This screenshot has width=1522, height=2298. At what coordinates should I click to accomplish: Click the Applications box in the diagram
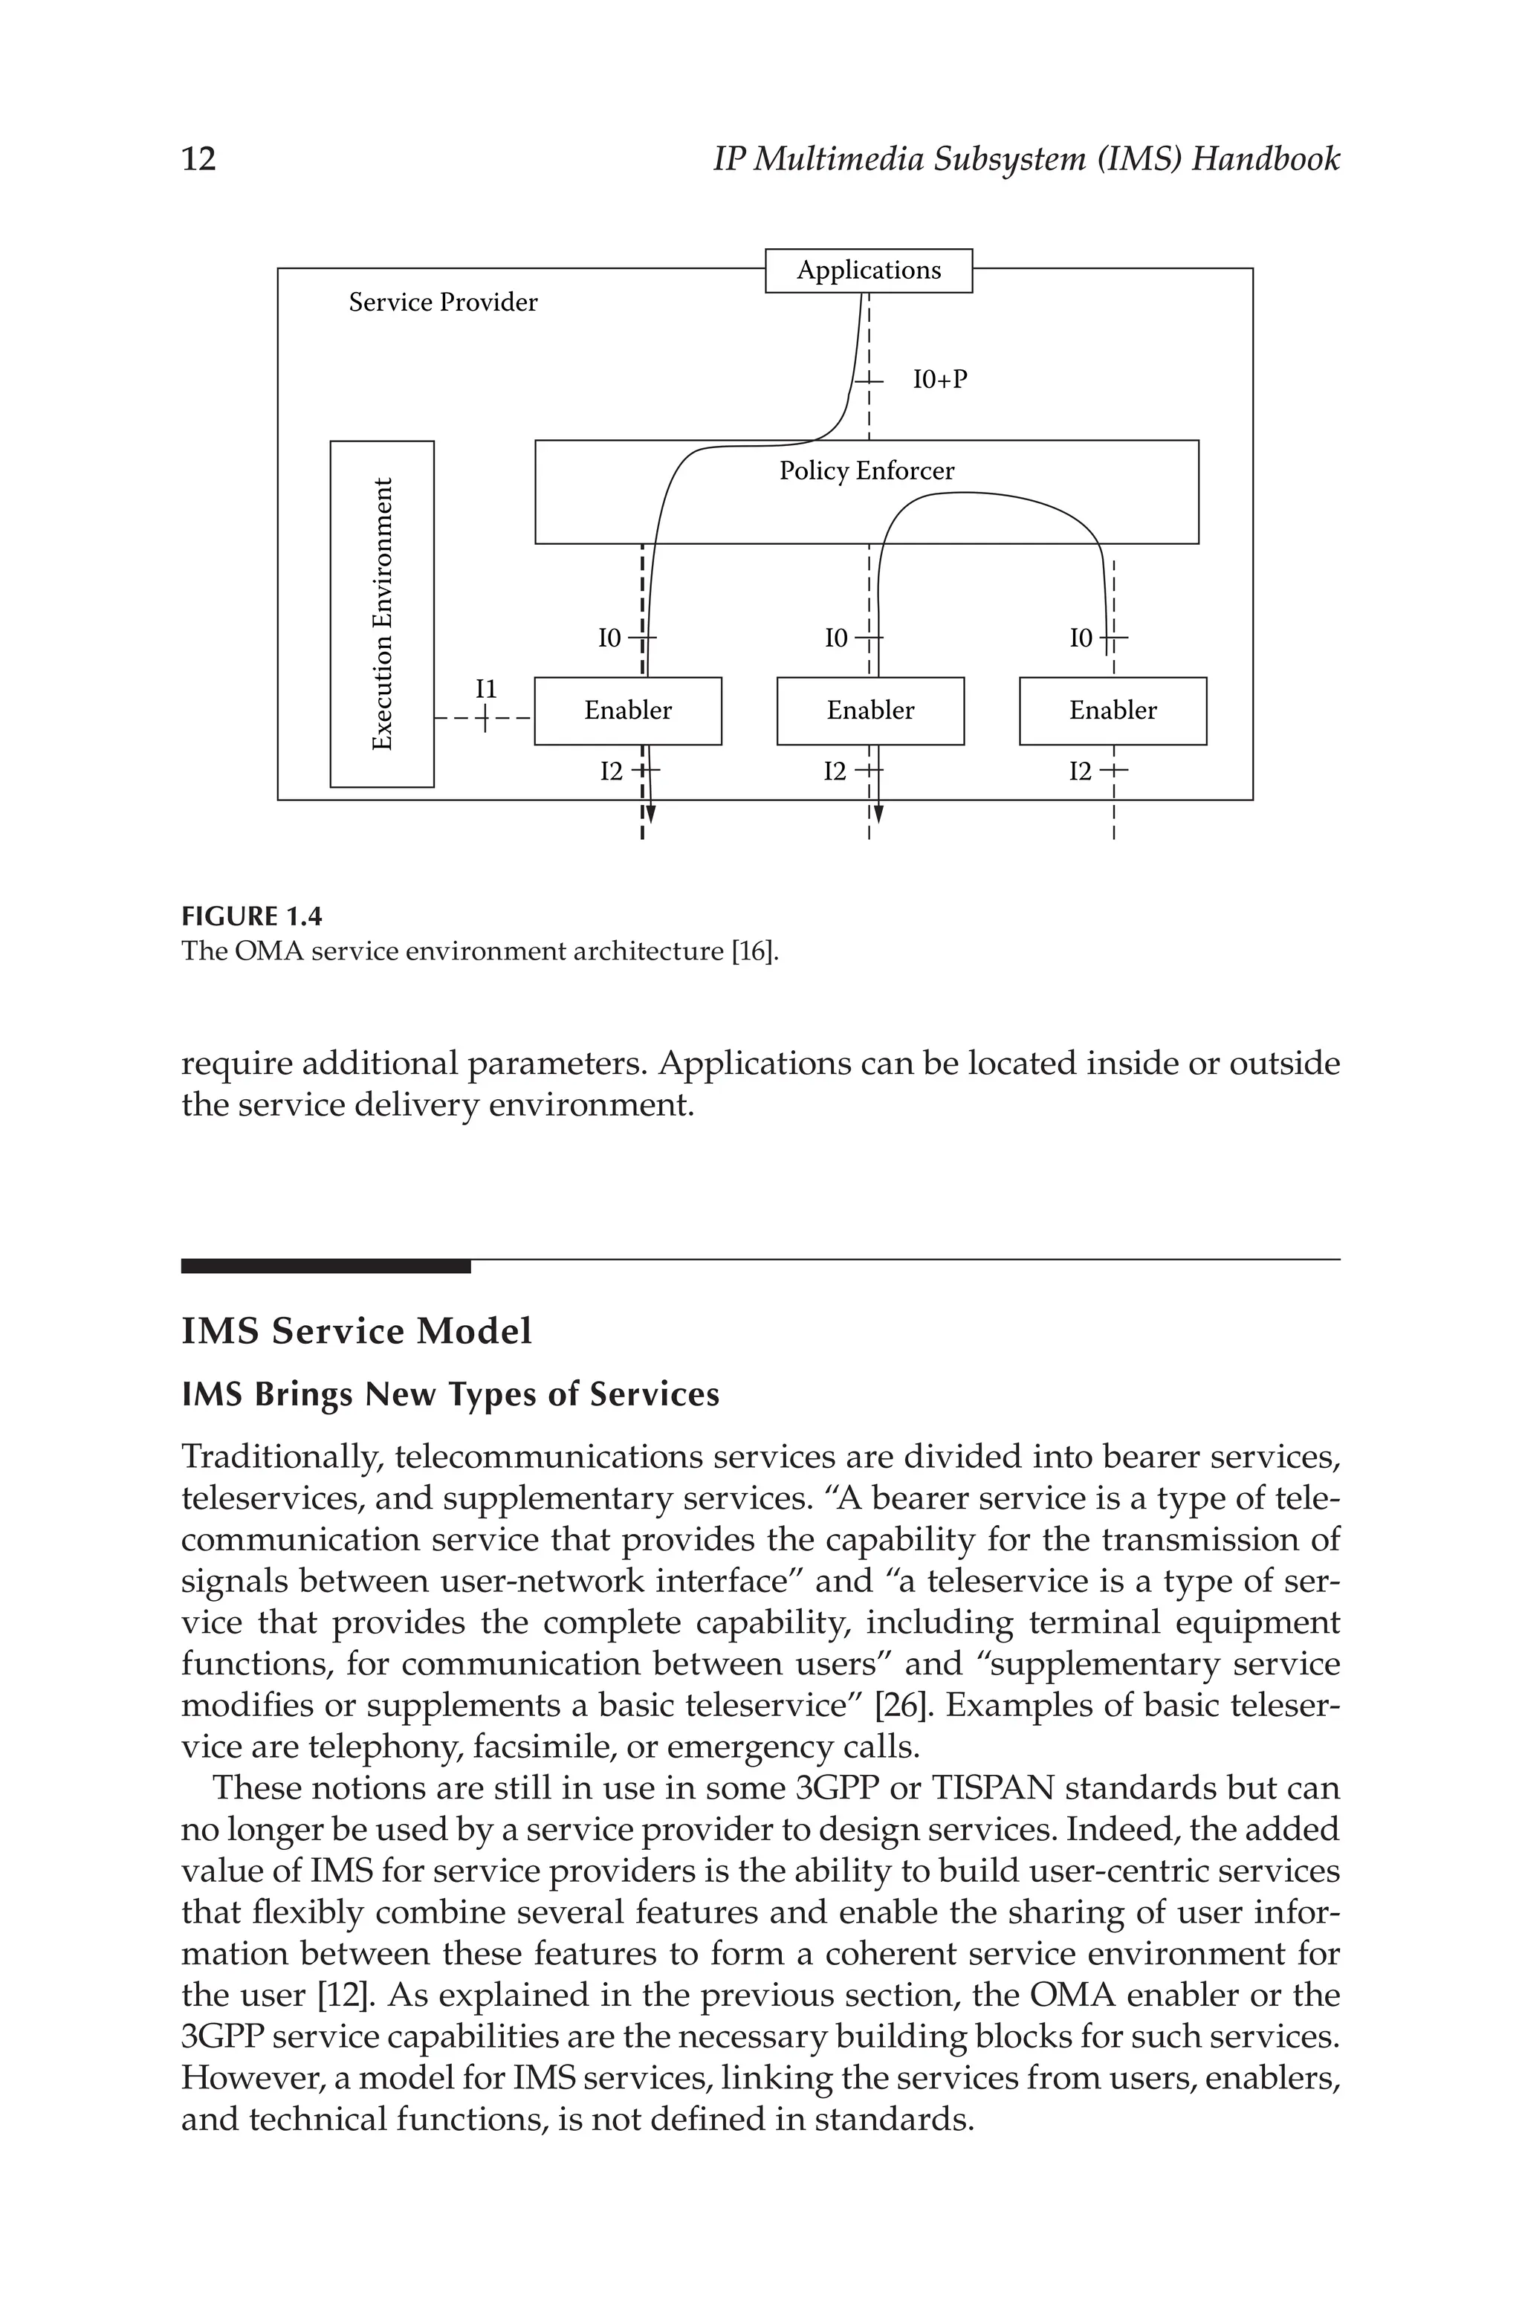pyautogui.click(x=868, y=270)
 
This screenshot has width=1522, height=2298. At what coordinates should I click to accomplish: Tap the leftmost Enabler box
pyautogui.click(x=627, y=711)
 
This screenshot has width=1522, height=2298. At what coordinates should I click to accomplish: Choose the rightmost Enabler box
pyautogui.click(x=1113, y=711)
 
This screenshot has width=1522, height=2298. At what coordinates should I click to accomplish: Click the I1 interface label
pyautogui.click(x=485, y=689)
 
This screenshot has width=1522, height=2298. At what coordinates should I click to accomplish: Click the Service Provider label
pyautogui.click(x=443, y=302)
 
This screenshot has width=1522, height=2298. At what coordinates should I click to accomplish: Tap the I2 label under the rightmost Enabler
pyautogui.click(x=1081, y=771)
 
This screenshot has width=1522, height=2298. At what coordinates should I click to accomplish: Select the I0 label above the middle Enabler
pyautogui.click(x=836, y=638)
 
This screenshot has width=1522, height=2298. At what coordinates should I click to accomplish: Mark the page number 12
pyautogui.click(x=199, y=158)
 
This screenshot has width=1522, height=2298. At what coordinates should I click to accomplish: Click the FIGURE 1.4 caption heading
pyautogui.click(x=251, y=916)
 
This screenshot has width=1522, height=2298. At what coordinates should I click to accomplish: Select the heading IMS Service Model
pyautogui.click(x=356, y=1330)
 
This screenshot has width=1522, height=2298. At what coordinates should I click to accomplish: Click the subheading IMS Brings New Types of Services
pyautogui.click(x=450, y=1394)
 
